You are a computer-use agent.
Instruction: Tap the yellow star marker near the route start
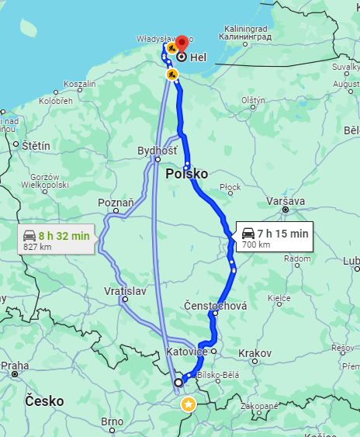[189, 404]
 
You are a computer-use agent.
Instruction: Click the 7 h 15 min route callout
[275, 238]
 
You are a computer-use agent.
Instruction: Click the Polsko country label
[187, 174]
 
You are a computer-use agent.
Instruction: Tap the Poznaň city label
[116, 203]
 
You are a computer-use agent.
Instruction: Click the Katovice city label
[187, 352]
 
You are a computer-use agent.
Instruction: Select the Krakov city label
[255, 352]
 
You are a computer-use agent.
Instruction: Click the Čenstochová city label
[216, 306]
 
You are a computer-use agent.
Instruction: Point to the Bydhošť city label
[157, 150]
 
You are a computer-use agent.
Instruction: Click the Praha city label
[15, 365]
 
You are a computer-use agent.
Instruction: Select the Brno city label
[112, 421]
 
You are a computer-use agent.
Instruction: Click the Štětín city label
[36, 145]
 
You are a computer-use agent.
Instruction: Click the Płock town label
[230, 187]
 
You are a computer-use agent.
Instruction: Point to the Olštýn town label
[253, 100]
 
